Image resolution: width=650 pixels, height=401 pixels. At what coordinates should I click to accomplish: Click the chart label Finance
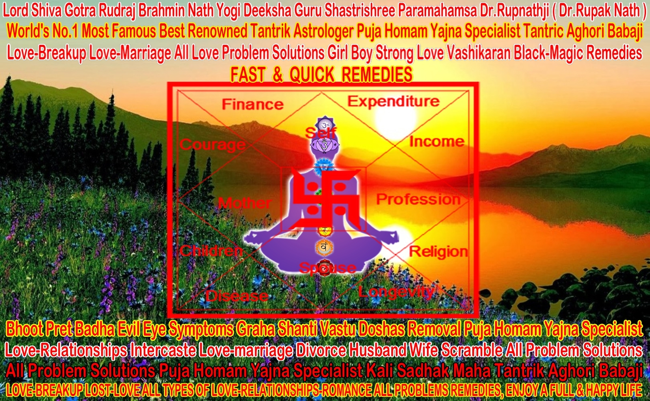click(x=253, y=104)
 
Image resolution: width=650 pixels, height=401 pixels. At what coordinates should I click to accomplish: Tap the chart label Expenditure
click(x=393, y=101)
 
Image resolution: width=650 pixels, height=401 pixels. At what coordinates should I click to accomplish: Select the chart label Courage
click(x=213, y=145)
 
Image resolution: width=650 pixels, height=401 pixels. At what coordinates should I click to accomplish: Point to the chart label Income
click(x=437, y=142)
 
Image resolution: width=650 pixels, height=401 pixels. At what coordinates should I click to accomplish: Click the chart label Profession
click(x=418, y=199)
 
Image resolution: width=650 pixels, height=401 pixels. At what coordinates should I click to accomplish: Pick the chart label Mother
click(x=245, y=203)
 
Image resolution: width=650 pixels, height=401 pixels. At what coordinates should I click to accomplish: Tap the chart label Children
click(x=211, y=251)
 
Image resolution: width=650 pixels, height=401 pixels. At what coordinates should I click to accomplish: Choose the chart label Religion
click(x=438, y=252)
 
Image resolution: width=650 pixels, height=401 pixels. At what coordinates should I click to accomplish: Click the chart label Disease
click(x=237, y=296)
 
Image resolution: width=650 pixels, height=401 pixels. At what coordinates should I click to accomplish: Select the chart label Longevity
click(x=396, y=292)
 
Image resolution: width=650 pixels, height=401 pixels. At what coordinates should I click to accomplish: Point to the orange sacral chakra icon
click(x=324, y=247)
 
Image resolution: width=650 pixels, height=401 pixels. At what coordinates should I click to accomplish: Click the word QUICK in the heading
click(x=312, y=75)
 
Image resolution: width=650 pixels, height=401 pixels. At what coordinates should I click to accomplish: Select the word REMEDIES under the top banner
click(x=377, y=75)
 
